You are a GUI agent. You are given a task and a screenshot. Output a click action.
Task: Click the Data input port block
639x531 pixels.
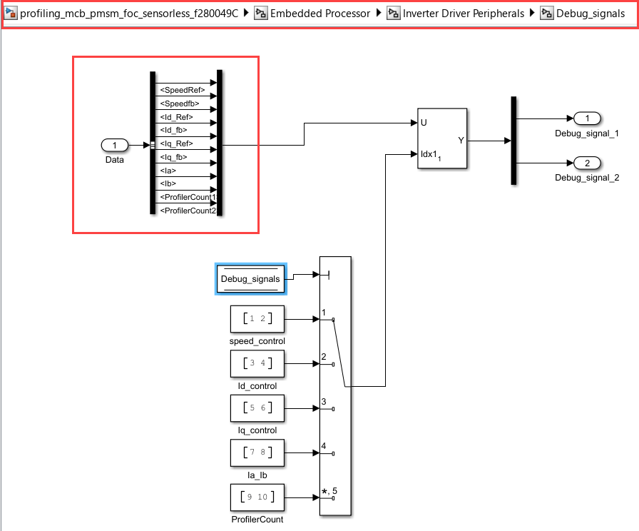coord(115,146)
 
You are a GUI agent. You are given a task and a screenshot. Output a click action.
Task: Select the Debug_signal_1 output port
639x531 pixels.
coord(587,118)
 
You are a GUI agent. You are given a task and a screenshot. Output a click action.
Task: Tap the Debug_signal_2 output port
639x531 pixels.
coord(587,163)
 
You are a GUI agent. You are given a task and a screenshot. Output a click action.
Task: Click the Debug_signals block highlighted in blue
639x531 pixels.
coord(250,278)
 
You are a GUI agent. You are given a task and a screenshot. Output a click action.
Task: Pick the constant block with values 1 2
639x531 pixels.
coord(257,319)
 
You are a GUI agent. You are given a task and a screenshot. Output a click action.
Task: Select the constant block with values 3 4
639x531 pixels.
coord(257,363)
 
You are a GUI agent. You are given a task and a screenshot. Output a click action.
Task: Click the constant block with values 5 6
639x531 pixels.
coord(257,408)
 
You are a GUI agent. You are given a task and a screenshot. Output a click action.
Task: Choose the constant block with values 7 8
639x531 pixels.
coord(257,452)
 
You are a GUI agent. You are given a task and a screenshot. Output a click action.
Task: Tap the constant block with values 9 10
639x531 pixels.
coord(257,496)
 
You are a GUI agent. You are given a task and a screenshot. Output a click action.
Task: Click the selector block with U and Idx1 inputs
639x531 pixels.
coord(442,138)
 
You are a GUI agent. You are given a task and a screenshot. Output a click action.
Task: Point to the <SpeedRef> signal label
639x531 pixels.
coord(183,90)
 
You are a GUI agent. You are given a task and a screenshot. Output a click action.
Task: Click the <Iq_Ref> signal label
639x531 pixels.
coord(178,143)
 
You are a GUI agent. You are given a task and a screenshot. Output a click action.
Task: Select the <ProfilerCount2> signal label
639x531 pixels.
coord(188,211)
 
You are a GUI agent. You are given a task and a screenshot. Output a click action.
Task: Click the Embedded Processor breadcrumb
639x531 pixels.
coord(320,14)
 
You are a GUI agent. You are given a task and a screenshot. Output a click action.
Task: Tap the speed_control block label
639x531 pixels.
coord(257,341)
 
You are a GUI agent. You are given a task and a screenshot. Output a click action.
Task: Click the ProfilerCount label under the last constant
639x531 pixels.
coord(257,519)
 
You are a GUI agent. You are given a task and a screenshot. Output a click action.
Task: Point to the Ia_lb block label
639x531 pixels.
coord(257,474)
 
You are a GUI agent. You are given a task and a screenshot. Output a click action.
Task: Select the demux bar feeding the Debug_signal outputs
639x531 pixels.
coord(513,141)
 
